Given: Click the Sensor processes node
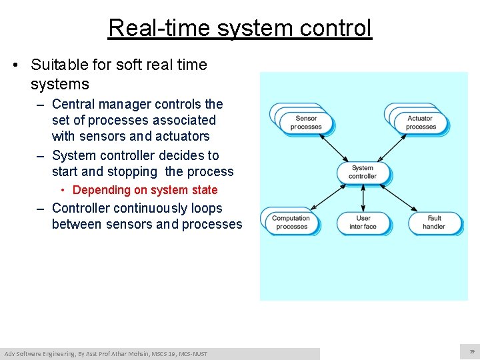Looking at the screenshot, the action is (x=306, y=123).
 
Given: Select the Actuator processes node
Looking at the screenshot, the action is (x=421, y=123).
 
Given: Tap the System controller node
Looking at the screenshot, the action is (x=363, y=173).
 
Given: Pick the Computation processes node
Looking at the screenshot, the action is (x=291, y=223).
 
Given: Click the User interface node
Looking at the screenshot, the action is (x=363, y=223).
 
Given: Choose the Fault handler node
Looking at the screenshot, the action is (x=434, y=223).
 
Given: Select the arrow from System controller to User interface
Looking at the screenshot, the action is (x=363, y=197).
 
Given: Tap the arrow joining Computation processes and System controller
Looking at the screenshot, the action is (x=327, y=198).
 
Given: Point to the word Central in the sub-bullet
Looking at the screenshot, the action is (x=73, y=104).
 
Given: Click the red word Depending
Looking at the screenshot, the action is (x=101, y=190).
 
